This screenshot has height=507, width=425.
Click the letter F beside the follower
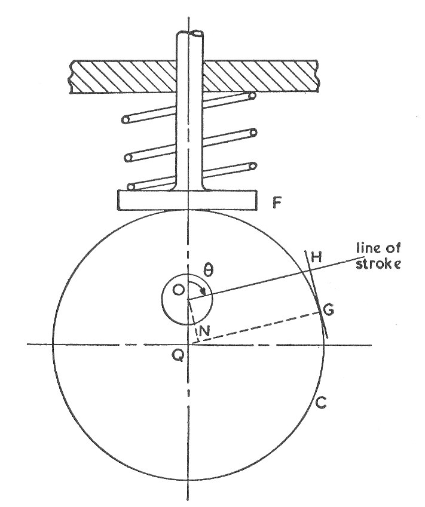tap(277, 204)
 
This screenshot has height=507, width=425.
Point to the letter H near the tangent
tap(317, 257)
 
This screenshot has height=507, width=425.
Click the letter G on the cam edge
tap(329, 310)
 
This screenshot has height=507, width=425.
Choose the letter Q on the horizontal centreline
tap(178, 356)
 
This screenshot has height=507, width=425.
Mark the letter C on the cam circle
tap(320, 402)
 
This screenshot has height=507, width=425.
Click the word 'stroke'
tap(378, 263)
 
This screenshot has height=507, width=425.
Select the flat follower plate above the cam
tap(188, 200)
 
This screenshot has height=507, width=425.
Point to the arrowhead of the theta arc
tap(203, 291)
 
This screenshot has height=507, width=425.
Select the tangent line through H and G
tap(317, 294)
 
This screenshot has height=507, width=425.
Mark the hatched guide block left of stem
tap(123, 77)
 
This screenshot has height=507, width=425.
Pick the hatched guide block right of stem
tap(260, 77)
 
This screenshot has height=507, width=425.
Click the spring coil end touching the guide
tap(252, 95)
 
